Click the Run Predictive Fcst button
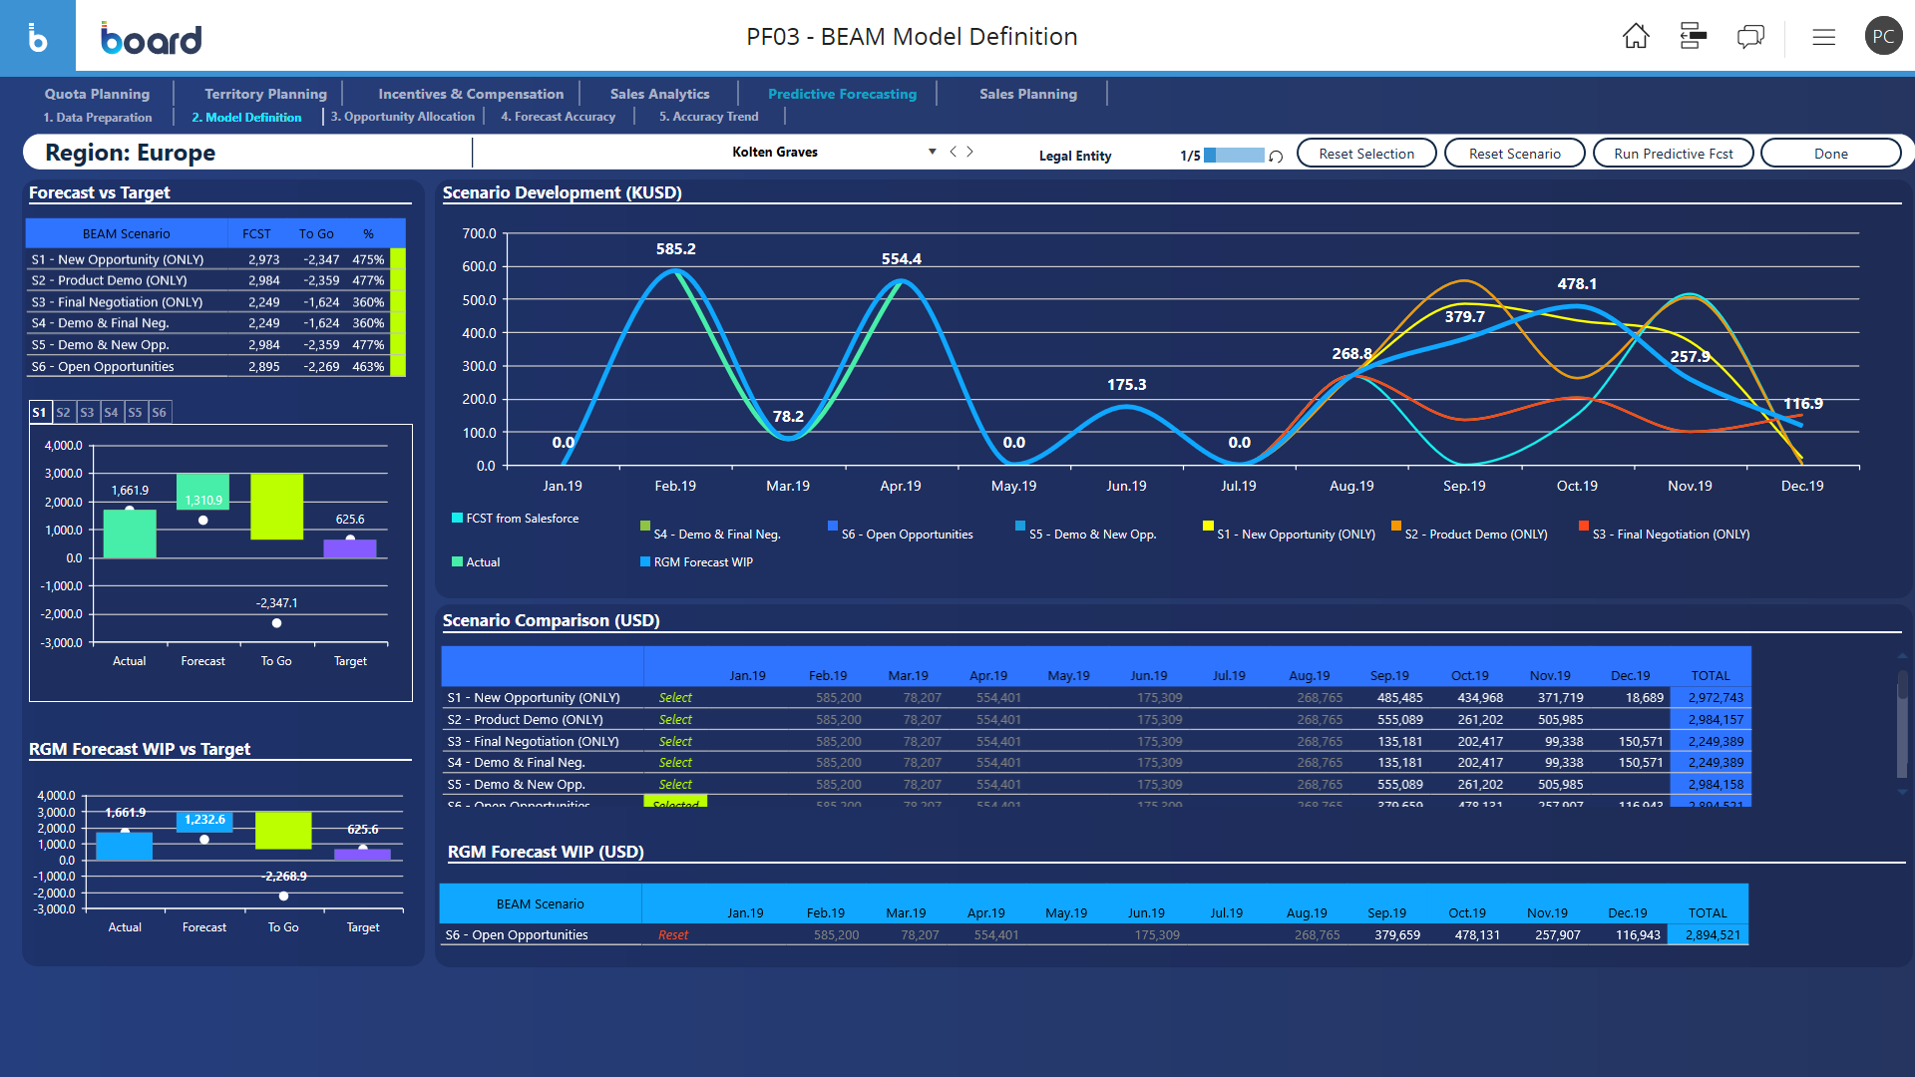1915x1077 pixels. [1673, 154]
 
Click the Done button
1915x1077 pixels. [1830, 154]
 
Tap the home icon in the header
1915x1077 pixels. [1636, 37]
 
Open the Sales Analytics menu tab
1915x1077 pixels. [659, 94]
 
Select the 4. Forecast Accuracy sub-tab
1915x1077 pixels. [558, 117]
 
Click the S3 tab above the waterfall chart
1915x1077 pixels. [87, 412]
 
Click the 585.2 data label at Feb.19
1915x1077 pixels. [675, 249]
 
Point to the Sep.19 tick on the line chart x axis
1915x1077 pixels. [1464, 486]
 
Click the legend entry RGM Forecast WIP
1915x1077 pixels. [702, 562]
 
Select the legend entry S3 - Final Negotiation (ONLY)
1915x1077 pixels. [1670, 535]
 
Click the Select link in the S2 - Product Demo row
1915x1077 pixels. [675, 720]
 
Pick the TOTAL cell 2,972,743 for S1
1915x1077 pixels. [1716, 698]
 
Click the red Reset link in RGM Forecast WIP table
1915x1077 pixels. [673, 935]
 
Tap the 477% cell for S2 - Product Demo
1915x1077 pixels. [368, 281]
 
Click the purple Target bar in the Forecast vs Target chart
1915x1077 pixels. [350, 548]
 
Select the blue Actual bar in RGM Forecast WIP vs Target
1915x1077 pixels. [125, 846]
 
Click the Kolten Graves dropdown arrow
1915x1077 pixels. [932, 152]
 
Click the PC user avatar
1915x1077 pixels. [1882, 37]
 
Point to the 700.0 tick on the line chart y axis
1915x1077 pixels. [479, 233]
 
